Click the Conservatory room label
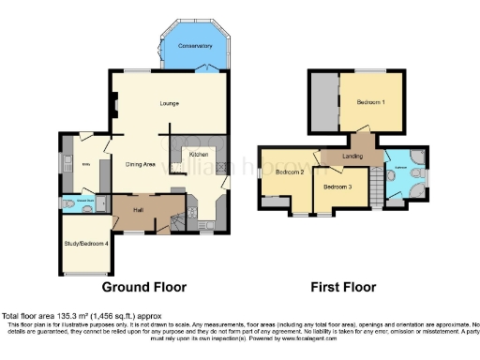pos(195,45)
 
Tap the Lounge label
pos(169,102)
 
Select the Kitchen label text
pos(199,153)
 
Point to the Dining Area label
pos(141,165)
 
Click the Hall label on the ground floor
pos(138,208)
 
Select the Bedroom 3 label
pos(337,187)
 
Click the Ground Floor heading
pos(143,287)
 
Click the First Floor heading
pos(343,287)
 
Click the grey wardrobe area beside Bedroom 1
pos(325,101)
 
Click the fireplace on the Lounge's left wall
pos(113,107)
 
